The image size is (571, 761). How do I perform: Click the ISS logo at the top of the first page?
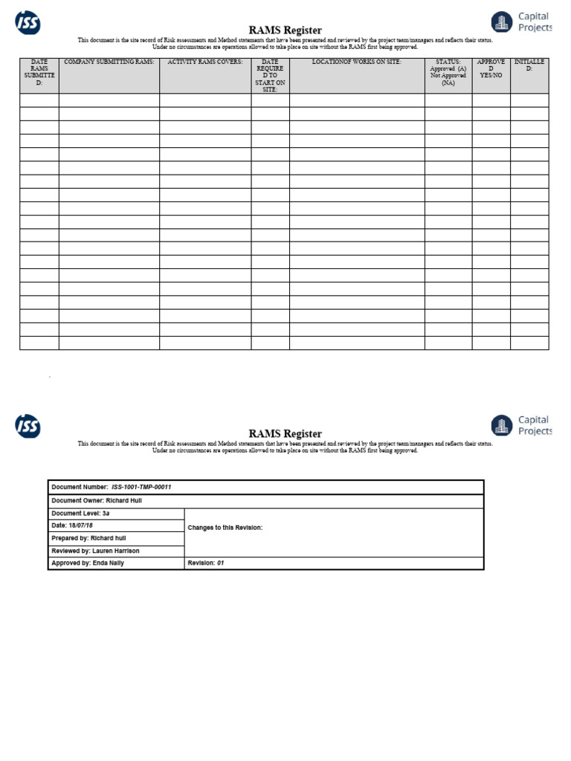coord(28,23)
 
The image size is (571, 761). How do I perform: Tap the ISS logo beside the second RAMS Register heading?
coord(28,426)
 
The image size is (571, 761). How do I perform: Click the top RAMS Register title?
coord(285,30)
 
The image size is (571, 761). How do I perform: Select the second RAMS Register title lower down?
coord(285,433)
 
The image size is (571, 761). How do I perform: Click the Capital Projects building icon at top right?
coord(503,22)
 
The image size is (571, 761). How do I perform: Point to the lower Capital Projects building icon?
coord(503,426)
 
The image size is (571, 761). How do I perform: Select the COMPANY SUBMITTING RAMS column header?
coord(109,62)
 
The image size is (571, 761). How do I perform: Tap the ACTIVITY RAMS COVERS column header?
coord(205,62)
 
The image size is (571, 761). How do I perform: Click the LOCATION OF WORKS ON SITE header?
coord(357,62)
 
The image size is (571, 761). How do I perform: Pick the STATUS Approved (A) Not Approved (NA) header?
coord(448,73)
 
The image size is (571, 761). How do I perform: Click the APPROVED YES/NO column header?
coord(491,69)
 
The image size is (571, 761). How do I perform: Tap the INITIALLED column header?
coord(529,65)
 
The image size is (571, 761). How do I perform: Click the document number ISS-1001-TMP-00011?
coord(141,488)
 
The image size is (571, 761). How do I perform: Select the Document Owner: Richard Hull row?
coord(97,501)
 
